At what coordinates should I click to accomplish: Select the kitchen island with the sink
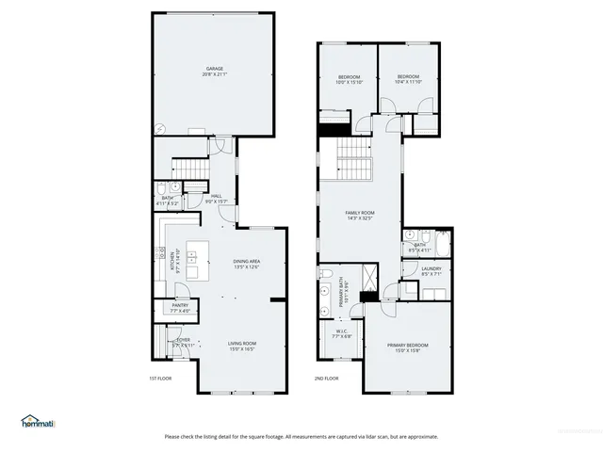click(196, 259)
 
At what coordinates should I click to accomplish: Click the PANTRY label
click(180, 308)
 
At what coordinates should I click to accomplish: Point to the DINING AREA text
click(247, 264)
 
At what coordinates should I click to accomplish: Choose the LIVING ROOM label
click(243, 346)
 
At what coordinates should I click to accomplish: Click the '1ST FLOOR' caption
click(158, 378)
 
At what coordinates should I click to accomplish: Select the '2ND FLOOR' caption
click(326, 378)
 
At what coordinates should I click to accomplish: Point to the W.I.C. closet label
click(342, 332)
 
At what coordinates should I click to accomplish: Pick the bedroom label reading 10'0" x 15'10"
click(349, 79)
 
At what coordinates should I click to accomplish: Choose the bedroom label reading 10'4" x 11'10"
click(408, 79)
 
